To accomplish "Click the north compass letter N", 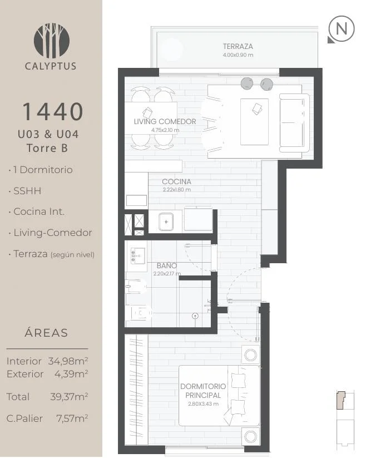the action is tap(342, 28).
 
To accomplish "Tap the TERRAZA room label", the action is tap(238, 46).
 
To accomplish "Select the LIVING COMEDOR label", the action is tap(165, 121).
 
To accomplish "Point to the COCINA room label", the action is tap(176, 181).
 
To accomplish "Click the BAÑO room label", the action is tap(167, 265).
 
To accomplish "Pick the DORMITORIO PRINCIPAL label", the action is tap(203, 391).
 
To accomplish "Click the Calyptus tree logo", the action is tap(52, 40).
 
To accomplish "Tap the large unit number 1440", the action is tap(53, 112).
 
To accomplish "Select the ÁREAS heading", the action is tap(46, 333).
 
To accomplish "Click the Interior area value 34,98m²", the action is tap(68, 361).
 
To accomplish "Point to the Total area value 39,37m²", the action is tap(69, 397).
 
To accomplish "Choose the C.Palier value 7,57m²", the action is tap(72, 418).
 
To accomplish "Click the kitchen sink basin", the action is tap(166, 221).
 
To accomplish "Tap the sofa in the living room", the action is tap(294, 122).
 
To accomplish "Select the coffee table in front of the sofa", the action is tap(254, 122).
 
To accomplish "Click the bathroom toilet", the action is tap(141, 313).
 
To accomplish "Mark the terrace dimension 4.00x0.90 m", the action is tap(238, 55).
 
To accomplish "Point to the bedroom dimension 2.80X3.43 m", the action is tap(203, 404).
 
